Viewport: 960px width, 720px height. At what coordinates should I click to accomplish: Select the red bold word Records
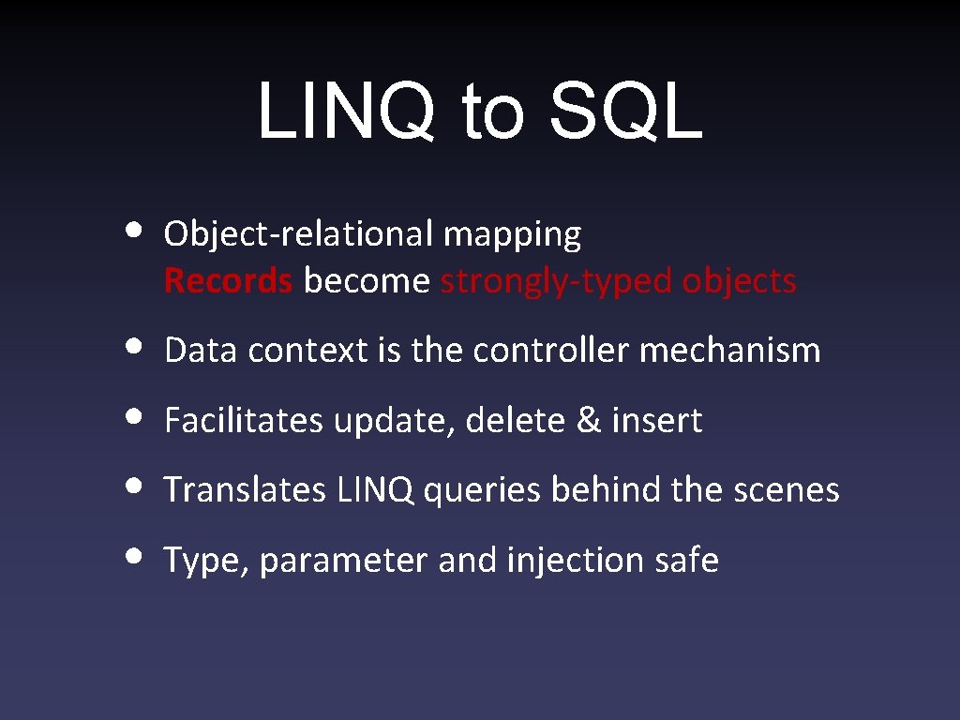(x=228, y=280)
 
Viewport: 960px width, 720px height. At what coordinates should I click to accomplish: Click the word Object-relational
(x=298, y=234)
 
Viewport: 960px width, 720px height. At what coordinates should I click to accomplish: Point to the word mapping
(x=512, y=235)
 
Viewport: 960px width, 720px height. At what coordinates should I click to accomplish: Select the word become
(x=367, y=280)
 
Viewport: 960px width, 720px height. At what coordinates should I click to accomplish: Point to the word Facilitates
(x=244, y=421)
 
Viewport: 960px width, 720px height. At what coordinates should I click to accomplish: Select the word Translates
(x=245, y=490)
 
